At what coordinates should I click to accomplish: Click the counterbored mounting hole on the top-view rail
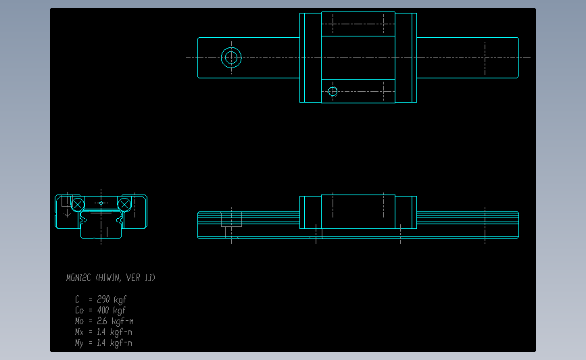(x=232, y=57)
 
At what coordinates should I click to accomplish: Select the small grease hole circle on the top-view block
(x=333, y=91)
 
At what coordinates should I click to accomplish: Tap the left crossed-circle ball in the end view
(x=78, y=204)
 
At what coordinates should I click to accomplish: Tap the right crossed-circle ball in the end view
(x=124, y=204)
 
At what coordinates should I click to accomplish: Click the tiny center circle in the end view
(x=101, y=203)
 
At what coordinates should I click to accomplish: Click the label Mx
(x=79, y=332)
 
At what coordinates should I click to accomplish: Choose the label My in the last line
(x=79, y=343)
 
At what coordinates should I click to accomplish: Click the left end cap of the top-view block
(x=310, y=57)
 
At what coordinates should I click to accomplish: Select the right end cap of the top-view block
(x=406, y=57)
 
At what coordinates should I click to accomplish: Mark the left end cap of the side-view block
(x=310, y=213)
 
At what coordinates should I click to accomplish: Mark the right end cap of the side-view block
(x=406, y=213)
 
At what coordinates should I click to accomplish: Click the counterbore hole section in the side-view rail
(x=231, y=220)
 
